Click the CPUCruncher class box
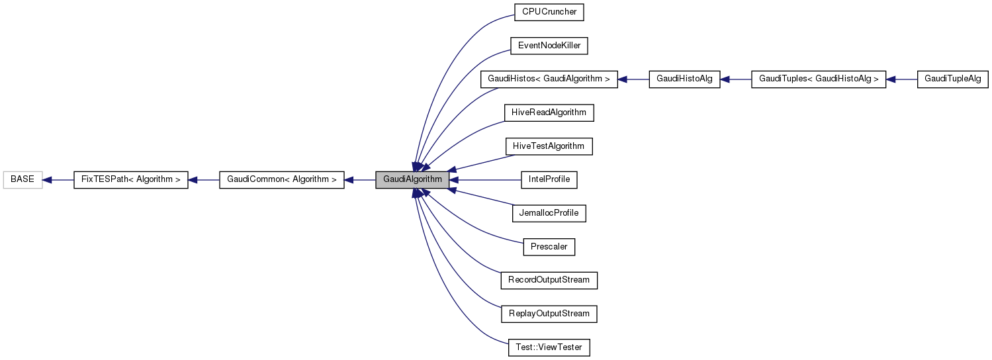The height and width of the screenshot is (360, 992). [549, 12]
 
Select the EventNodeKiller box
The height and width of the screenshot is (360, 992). [549, 46]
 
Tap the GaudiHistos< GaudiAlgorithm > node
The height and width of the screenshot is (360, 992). [549, 79]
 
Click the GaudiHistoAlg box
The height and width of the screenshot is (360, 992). [684, 79]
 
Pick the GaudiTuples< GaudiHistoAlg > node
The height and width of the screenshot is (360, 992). [818, 79]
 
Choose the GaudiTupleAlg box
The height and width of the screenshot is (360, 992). [952, 79]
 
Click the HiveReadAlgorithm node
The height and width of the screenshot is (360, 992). [549, 112]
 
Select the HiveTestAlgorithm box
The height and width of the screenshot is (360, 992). [549, 146]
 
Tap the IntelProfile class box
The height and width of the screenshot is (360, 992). [549, 179]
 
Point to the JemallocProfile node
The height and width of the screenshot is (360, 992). [549, 213]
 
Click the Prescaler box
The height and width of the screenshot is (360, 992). [549, 246]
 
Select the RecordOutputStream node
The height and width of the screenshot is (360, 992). [549, 280]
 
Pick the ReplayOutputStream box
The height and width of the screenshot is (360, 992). [549, 313]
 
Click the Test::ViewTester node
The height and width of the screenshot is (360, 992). [549, 347]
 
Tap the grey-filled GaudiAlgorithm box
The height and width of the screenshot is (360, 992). [412, 179]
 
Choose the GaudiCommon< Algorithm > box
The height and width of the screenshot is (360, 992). [281, 179]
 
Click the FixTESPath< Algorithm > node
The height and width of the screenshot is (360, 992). [130, 179]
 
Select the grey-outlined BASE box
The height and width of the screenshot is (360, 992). [23, 179]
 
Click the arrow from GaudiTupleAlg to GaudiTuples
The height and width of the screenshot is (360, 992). [901, 79]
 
